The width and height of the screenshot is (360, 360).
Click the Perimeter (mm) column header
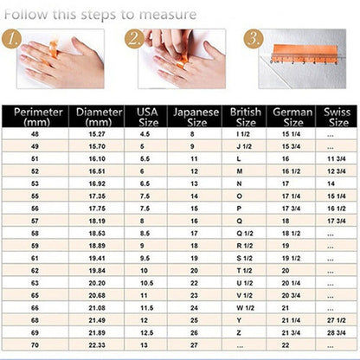[35, 117]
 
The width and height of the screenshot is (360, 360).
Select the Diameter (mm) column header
[99, 117]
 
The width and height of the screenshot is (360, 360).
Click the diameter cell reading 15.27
[97, 134]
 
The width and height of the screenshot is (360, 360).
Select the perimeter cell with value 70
[35, 344]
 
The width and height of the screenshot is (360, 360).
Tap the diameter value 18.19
[97, 221]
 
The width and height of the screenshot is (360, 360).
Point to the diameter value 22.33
[97, 344]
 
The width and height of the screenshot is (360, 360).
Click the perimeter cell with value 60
[35, 246]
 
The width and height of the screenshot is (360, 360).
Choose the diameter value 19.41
[97, 258]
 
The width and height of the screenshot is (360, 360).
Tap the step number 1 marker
[11, 39]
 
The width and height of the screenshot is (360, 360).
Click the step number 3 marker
[253, 39]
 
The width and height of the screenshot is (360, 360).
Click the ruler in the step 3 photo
[303, 58]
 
